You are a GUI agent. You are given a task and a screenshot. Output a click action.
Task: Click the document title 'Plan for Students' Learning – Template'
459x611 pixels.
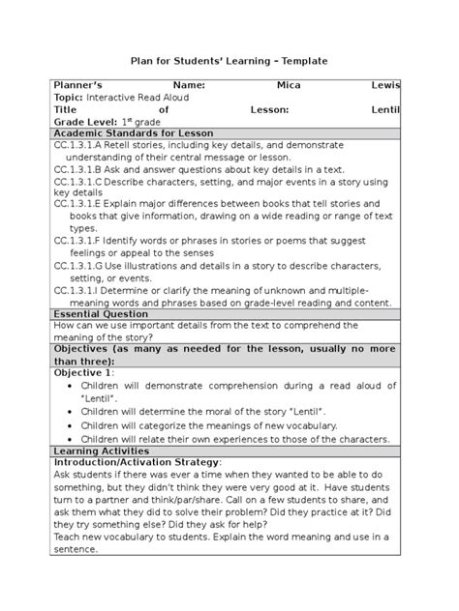point(229,61)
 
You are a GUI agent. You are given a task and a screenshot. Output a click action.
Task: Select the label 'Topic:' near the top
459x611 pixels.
point(70,98)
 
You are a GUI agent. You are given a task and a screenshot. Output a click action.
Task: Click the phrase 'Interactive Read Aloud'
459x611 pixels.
point(138,98)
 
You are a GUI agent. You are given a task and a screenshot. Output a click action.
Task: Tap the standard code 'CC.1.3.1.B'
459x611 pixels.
point(84,168)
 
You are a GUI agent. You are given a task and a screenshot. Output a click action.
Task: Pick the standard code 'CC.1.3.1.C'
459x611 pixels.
point(84,181)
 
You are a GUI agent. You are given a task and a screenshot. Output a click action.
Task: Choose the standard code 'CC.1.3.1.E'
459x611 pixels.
point(84,205)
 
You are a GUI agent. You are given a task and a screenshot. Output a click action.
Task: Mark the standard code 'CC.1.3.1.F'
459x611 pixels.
point(84,240)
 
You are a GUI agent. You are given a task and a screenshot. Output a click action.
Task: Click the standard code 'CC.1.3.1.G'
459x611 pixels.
point(84,264)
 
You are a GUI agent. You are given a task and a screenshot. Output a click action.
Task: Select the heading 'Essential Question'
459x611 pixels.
point(101,314)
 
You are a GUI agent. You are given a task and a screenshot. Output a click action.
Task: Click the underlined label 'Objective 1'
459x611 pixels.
point(84,372)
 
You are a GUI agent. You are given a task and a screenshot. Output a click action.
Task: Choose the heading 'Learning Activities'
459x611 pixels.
point(104,451)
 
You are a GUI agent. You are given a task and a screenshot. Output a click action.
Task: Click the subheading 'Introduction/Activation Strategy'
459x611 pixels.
point(138,463)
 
